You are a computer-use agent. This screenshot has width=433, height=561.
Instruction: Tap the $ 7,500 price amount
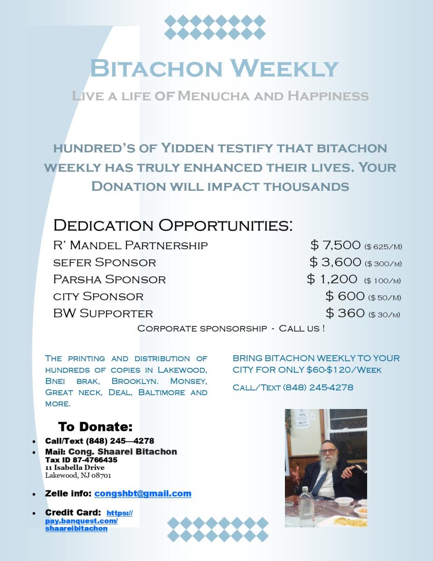pos(335,245)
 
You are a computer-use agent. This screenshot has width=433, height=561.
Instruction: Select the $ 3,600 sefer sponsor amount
pos(335,262)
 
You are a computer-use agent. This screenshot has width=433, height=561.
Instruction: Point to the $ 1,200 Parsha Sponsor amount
pos(332,279)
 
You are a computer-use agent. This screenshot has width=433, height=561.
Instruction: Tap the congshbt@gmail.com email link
pos(142,494)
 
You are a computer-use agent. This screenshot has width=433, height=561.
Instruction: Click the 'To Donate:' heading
pos(95,427)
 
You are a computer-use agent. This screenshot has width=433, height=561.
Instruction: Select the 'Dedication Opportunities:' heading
pos(173,225)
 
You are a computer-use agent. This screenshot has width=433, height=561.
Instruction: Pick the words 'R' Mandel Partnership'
pos(130,245)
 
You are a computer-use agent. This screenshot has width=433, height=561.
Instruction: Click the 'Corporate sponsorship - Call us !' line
pos(231,328)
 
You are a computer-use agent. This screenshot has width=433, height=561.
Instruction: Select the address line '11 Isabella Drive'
pos(75,467)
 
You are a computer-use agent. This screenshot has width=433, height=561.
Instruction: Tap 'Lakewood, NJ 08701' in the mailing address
pos(78,475)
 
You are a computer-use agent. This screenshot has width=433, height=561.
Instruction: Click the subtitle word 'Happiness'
pos(328,96)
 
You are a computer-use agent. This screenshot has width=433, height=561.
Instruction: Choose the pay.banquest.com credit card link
pos(81,521)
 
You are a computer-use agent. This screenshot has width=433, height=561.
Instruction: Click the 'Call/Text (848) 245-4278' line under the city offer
pos(293,388)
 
